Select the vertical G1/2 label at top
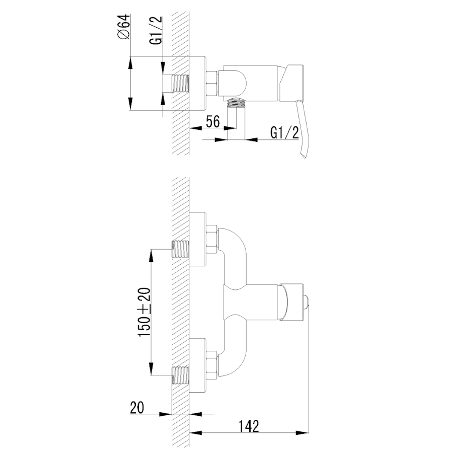pos(156,30)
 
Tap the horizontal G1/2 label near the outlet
pos(284,132)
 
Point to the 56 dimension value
pos(212,121)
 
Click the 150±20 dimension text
pos(144,312)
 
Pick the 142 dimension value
pos(249,426)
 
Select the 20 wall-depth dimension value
pos(137,408)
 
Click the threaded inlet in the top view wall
pos(180,84)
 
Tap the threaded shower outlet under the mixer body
pos(236,103)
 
